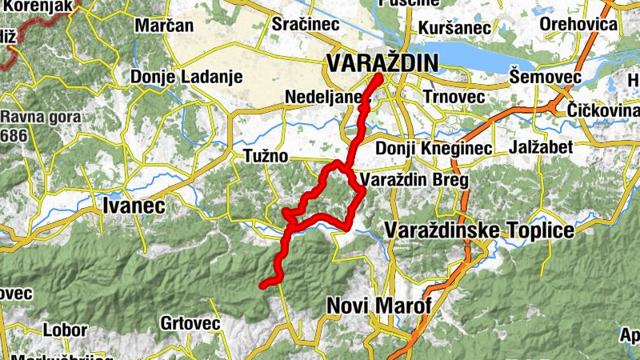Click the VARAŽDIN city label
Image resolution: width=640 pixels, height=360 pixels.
[382, 62]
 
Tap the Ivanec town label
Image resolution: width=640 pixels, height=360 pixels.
[134, 206]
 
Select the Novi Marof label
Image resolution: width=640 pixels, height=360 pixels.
[379, 306]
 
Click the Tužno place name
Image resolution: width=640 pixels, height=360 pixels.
[266, 156]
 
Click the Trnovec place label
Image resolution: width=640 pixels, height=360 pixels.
[454, 97]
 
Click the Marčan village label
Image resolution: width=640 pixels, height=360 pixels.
[164, 26]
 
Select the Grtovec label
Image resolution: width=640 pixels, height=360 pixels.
[190, 323]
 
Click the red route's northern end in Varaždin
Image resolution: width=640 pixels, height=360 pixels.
[378, 77]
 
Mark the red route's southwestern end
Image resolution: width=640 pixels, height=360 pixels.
[263, 284]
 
